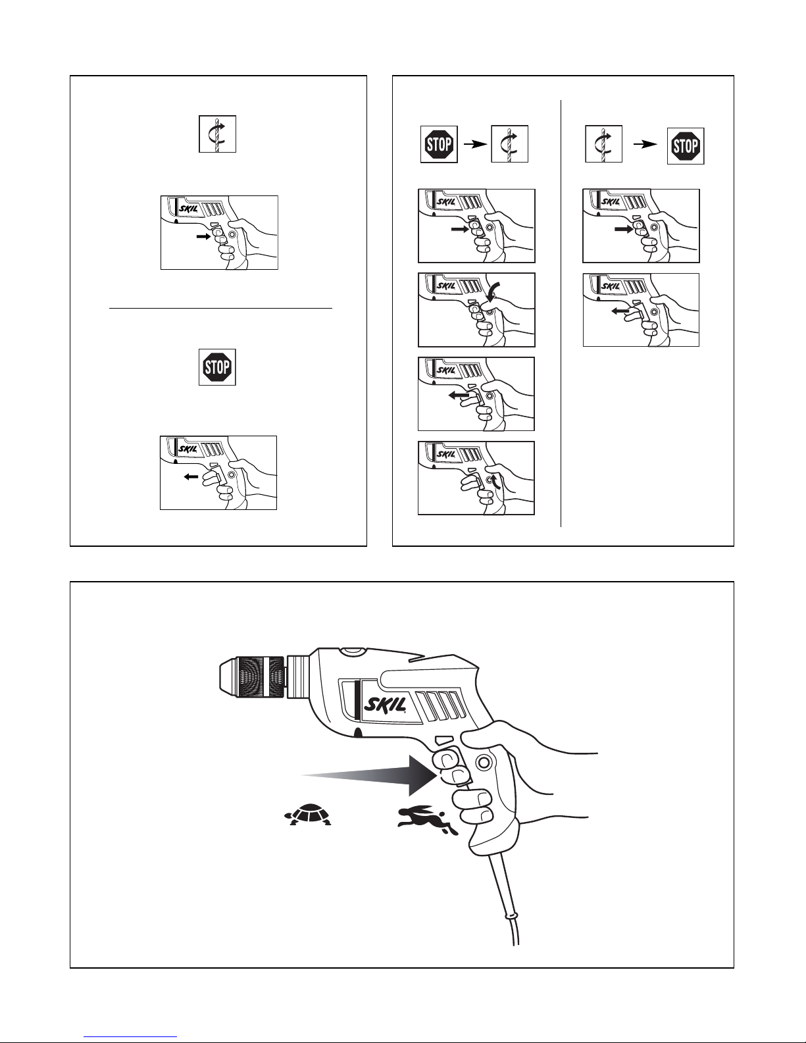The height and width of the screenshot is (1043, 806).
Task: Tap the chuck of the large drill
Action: point(253,677)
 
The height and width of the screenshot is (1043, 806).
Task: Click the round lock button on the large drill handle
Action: point(484,762)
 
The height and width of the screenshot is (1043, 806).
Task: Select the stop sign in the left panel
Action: point(217,367)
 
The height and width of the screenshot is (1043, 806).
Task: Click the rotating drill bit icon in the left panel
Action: point(218,134)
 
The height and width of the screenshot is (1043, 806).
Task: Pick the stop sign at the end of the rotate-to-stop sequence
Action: point(685,146)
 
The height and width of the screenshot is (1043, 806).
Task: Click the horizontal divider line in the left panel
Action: point(220,307)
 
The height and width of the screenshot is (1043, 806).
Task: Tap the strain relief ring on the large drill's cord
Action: point(507,915)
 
